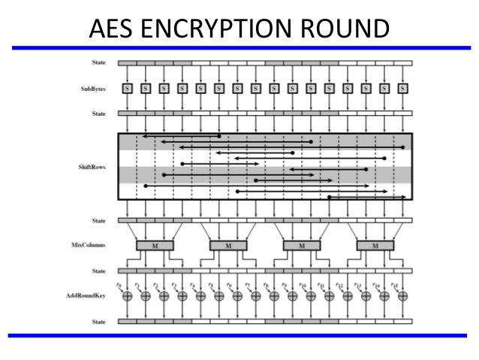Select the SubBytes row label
(94, 89)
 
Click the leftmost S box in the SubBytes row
(128, 88)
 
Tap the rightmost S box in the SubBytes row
(404, 88)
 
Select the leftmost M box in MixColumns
(155, 246)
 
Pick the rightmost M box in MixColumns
(375, 246)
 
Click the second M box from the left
(228, 246)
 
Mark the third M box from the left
(302, 246)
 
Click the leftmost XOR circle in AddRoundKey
(128, 296)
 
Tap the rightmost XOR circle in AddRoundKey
(404, 296)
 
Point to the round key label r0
(120, 286)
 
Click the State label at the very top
(99, 62)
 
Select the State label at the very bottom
(99, 322)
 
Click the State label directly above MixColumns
(99, 221)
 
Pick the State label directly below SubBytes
(99, 113)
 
